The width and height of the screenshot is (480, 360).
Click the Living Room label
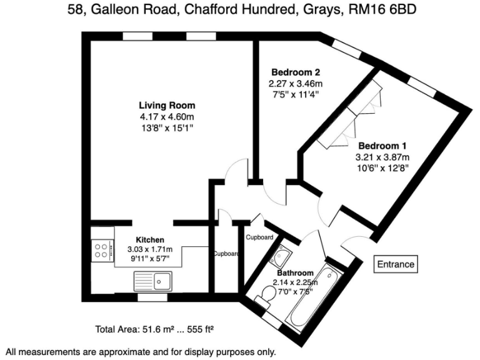[167, 105]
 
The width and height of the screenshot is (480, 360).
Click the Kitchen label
[150, 239]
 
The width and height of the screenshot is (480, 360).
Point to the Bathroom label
[296, 273]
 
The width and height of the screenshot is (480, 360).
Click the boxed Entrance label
[396, 264]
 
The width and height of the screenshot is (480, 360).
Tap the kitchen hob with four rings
[101, 251]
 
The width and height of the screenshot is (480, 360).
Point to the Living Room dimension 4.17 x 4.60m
[167, 116]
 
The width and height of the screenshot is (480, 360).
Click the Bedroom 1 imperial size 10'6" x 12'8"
[382, 167]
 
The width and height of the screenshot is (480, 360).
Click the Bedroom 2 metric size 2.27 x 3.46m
[296, 84]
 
